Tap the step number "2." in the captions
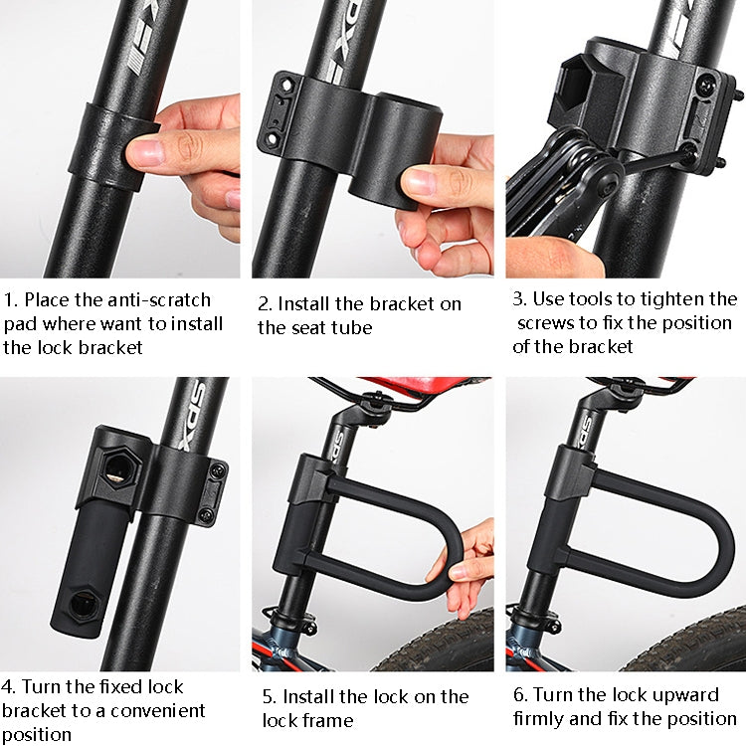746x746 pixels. tap(266, 304)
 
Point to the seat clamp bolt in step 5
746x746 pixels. tap(373, 402)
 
